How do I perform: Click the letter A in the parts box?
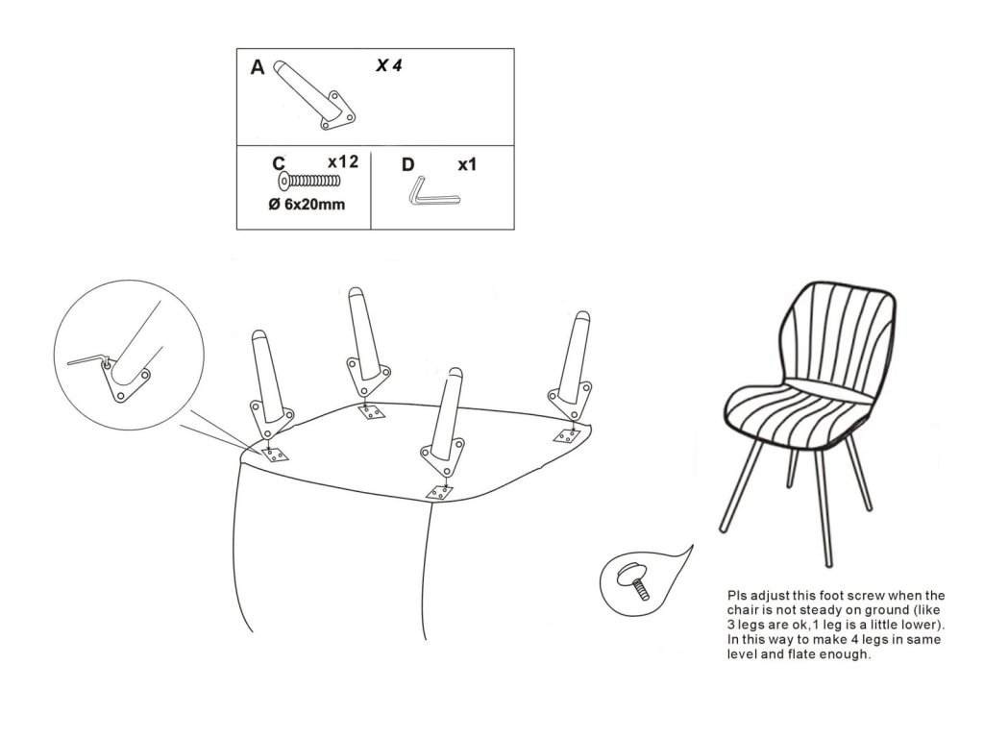point(258,66)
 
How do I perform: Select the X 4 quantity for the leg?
point(389,65)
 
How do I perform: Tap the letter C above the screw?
point(279,163)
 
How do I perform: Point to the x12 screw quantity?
point(343,161)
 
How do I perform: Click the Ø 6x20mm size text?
point(307,204)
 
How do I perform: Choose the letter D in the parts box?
point(407,164)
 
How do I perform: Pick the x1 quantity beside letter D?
point(467,164)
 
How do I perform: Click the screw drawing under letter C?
point(308,182)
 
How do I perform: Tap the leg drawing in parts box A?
point(314,96)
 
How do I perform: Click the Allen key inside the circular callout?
point(87,359)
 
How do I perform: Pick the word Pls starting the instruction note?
point(737,596)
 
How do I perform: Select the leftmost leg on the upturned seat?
point(270,384)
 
